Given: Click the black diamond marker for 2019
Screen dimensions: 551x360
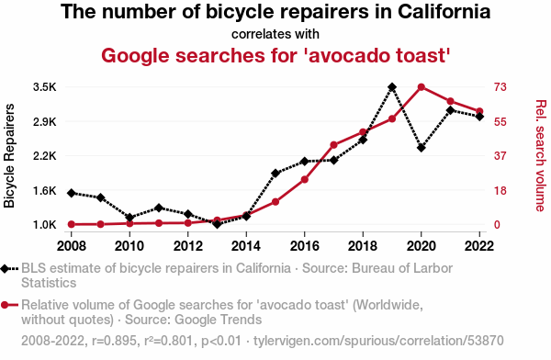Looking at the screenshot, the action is (x=392, y=87).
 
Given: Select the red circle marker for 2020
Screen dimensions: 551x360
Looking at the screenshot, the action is (x=422, y=87).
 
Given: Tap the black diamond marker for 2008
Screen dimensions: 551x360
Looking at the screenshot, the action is (x=72, y=193).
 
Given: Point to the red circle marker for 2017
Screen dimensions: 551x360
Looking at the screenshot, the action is (x=334, y=145).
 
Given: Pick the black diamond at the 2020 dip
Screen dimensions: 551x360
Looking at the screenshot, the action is (x=422, y=148).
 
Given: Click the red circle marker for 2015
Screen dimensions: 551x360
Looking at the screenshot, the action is (x=275, y=202).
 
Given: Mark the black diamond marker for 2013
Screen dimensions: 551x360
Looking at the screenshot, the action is (x=217, y=223).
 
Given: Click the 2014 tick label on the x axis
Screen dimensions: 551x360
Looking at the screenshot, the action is (x=246, y=246).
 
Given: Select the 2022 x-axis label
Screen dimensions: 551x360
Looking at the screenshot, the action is (x=479, y=246).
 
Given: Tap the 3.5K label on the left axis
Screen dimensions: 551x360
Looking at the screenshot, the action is (x=45, y=87).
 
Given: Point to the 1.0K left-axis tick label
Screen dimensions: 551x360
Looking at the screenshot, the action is (x=45, y=225).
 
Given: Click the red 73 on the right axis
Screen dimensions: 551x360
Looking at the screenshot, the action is (x=500, y=87).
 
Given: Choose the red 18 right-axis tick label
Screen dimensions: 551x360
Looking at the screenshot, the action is (x=500, y=191).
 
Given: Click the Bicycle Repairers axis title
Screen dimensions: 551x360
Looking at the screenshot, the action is (x=9, y=156).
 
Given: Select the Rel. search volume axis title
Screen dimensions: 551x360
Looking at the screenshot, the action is (x=541, y=156).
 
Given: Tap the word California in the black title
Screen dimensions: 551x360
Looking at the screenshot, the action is (x=444, y=12).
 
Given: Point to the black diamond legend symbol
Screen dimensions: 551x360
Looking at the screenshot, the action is (x=5, y=269).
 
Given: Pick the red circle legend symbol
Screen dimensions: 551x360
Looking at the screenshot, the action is (x=5, y=305).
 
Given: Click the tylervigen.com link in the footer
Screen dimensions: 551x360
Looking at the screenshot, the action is (x=378, y=341).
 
